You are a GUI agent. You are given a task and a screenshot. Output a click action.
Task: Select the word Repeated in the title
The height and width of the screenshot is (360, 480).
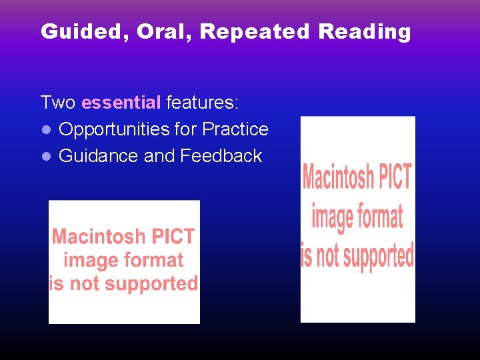pyautogui.click(x=255, y=32)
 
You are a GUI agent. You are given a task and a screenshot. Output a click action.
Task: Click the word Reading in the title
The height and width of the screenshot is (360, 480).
pyautogui.click(x=365, y=32)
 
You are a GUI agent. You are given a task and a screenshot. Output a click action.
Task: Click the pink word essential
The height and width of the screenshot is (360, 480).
pyautogui.click(x=121, y=103)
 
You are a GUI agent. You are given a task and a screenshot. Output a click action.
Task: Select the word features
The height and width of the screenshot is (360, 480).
pyautogui.click(x=202, y=103)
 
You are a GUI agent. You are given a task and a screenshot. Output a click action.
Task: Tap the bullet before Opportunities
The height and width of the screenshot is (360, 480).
pyautogui.click(x=45, y=130)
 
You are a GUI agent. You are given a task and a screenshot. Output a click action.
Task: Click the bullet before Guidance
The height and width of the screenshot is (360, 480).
pyautogui.click(x=45, y=157)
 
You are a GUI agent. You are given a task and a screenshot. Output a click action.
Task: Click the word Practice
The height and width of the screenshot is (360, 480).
pyautogui.click(x=235, y=129)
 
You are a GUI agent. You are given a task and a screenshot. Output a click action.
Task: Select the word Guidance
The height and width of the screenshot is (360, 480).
pyautogui.click(x=99, y=156)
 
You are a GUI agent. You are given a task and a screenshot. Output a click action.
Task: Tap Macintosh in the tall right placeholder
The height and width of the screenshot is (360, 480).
pyautogui.click(x=338, y=177)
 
